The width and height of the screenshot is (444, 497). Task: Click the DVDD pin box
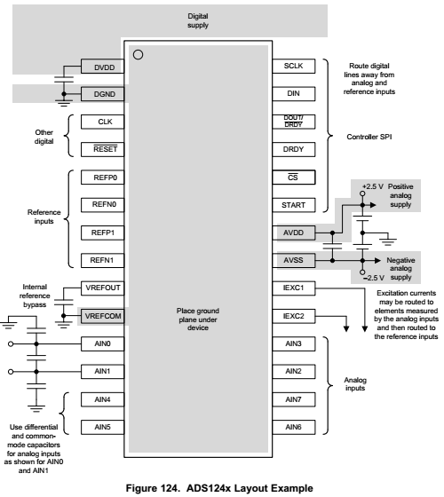click(x=102, y=67)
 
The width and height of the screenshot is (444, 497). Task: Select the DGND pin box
click(x=102, y=94)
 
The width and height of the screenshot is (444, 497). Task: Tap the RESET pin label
click(x=106, y=149)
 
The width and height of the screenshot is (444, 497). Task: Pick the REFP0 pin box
click(x=102, y=177)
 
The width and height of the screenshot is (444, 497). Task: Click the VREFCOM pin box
click(x=102, y=316)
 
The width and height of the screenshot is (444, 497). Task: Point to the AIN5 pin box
click(x=102, y=427)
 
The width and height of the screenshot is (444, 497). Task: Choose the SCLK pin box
click(x=294, y=66)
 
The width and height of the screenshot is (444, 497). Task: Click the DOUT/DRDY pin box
click(x=294, y=122)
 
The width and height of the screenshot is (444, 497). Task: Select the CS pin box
click(x=294, y=177)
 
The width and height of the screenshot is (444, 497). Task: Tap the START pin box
click(x=294, y=205)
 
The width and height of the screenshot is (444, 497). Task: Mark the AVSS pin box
click(x=294, y=260)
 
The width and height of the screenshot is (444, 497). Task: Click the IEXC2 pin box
click(x=294, y=316)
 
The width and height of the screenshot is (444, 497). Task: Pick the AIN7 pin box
click(x=294, y=399)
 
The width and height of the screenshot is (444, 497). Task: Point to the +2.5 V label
click(x=373, y=186)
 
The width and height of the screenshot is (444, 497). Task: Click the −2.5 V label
click(x=374, y=278)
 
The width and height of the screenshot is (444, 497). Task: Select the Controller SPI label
click(x=369, y=137)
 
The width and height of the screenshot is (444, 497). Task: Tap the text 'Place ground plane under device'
click(x=198, y=319)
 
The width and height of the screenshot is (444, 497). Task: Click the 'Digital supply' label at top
click(x=198, y=20)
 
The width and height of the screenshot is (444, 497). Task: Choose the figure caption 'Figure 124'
click(x=153, y=488)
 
